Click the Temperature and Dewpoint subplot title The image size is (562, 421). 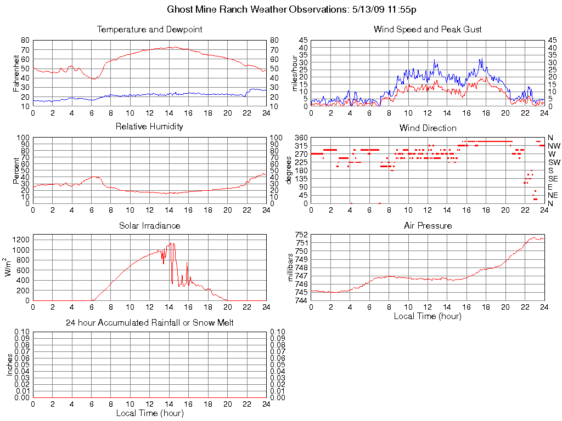(x=149, y=30)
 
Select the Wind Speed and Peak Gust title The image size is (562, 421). (x=428, y=30)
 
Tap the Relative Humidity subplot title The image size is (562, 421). (x=149, y=127)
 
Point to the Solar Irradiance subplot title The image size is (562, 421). (x=149, y=225)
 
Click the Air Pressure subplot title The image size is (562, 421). (x=428, y=225)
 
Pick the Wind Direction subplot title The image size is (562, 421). (x=428, y=128)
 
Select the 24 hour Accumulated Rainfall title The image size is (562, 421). (x=149, y=323)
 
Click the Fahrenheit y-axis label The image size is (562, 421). (x=16, y=73)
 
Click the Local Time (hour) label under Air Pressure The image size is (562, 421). (x=428, y=316)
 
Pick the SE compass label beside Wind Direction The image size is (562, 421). (x=553, y=179)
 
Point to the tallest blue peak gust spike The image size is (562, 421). (x=481, y=59)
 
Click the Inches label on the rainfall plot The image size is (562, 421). (x=10, y=365)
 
